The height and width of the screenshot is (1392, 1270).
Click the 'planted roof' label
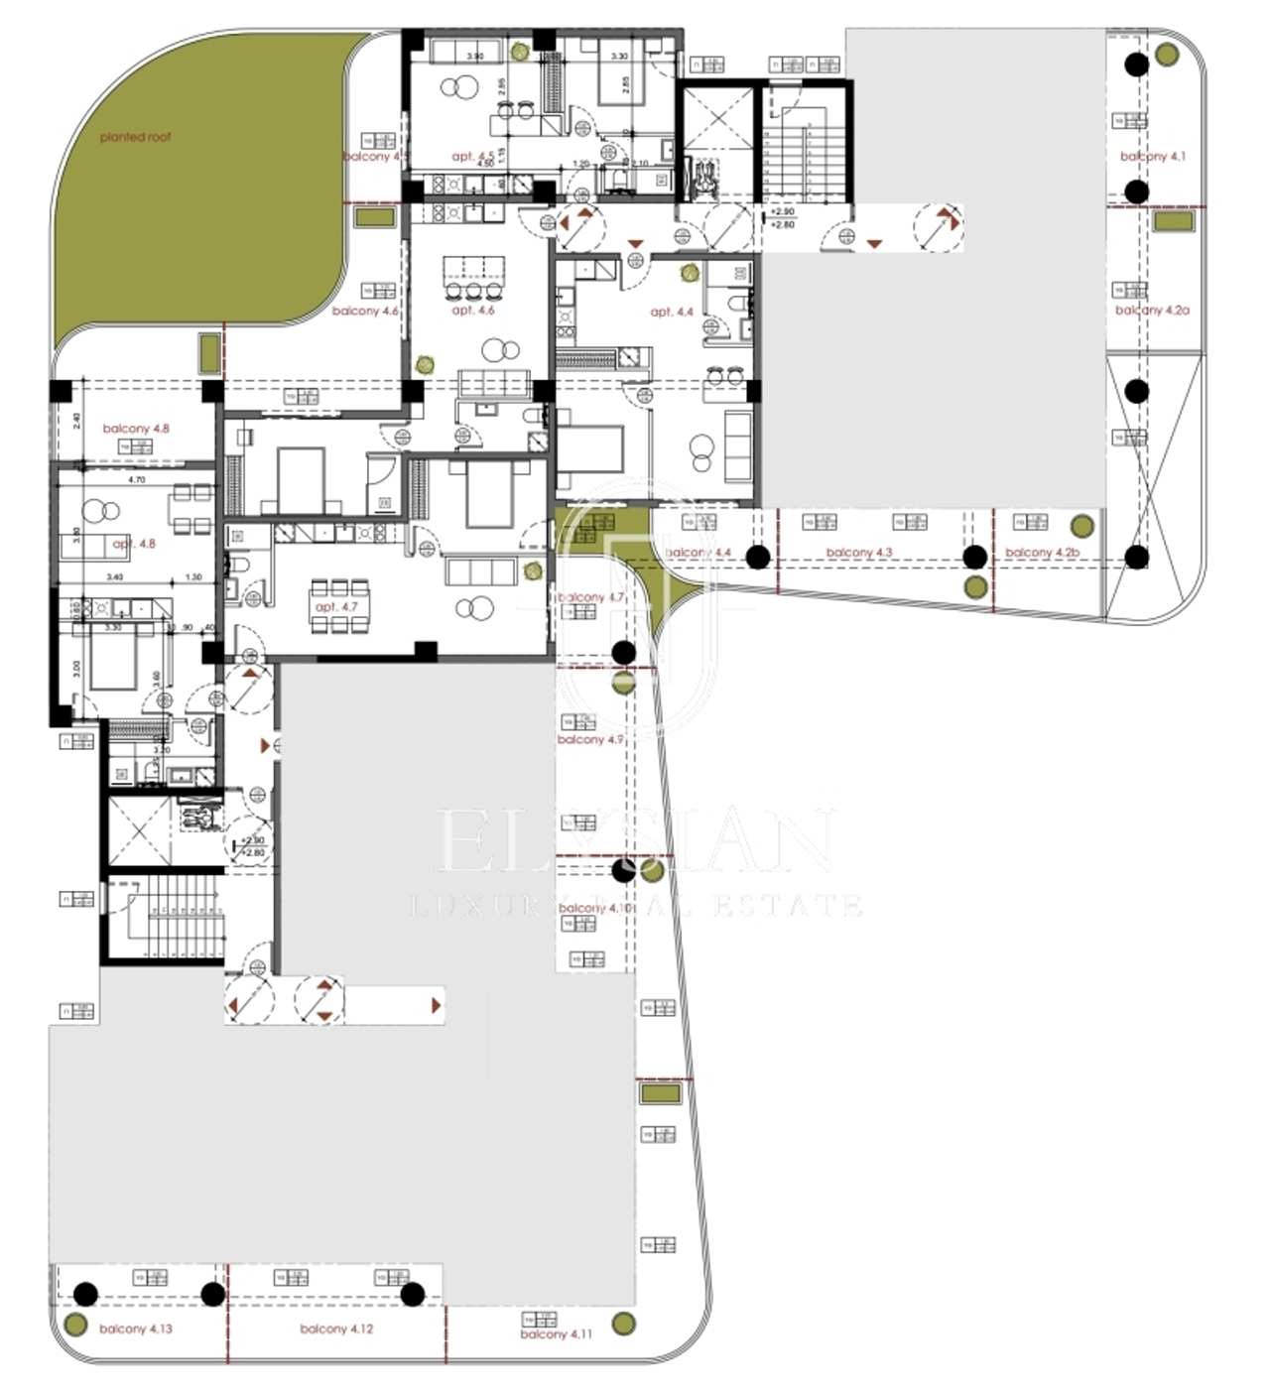(135, 137)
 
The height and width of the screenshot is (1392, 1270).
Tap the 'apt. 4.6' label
(472, 311)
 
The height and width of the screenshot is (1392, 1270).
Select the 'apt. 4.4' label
(672, 312)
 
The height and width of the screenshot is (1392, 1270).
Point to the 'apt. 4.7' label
(335, 606)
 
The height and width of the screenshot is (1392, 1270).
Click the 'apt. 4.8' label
(134, 544)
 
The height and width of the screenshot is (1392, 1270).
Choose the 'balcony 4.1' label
(1152, 157)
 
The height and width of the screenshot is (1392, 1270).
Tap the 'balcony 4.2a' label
(1152, 311)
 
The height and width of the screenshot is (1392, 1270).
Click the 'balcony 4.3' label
(859, 553)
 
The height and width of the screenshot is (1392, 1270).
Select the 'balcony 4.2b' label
(1042, 553)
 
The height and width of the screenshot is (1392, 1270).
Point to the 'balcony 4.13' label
(136, 1329)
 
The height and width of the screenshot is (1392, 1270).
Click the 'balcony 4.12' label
(336, 1329)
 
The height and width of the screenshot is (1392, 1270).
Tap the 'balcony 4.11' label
(556, 1334)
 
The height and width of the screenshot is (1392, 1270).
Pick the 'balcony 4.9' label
(589, 740)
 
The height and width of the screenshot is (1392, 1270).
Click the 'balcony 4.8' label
(136, 429)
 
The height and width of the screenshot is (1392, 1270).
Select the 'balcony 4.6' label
(365, 312)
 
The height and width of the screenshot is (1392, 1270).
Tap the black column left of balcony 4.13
(86, 1294)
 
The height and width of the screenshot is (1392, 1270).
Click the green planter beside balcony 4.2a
(1173, 221)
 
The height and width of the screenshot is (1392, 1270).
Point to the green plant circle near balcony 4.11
(623, 1323)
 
